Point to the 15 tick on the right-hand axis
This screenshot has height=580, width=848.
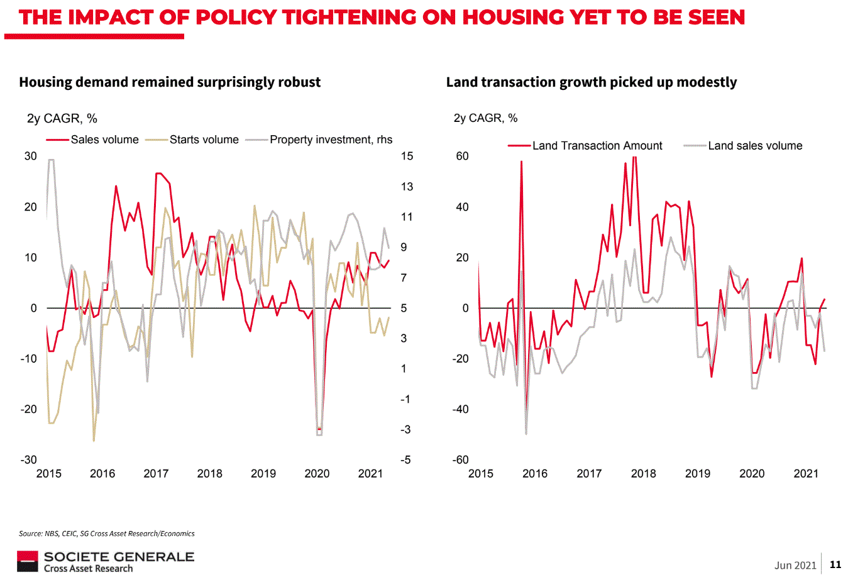pos(407,156)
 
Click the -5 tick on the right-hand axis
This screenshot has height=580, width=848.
pos(405,460)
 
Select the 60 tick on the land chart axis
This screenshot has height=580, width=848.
pos(462,156)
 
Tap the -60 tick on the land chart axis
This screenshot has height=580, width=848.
pos(460,460)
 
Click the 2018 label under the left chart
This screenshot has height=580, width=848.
pos(209,474)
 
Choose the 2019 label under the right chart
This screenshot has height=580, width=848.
pos(697,474)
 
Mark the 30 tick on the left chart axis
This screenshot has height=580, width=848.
pos(30,156)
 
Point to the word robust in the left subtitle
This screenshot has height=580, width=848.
pos(300,82)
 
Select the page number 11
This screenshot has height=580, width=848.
pos(835,564)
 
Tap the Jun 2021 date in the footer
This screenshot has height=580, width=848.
pos(795,565)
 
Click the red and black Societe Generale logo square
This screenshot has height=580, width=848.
pos(27,561)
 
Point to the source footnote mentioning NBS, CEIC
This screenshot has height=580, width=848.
pos(107,533)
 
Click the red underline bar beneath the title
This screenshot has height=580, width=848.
pos(94,37)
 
